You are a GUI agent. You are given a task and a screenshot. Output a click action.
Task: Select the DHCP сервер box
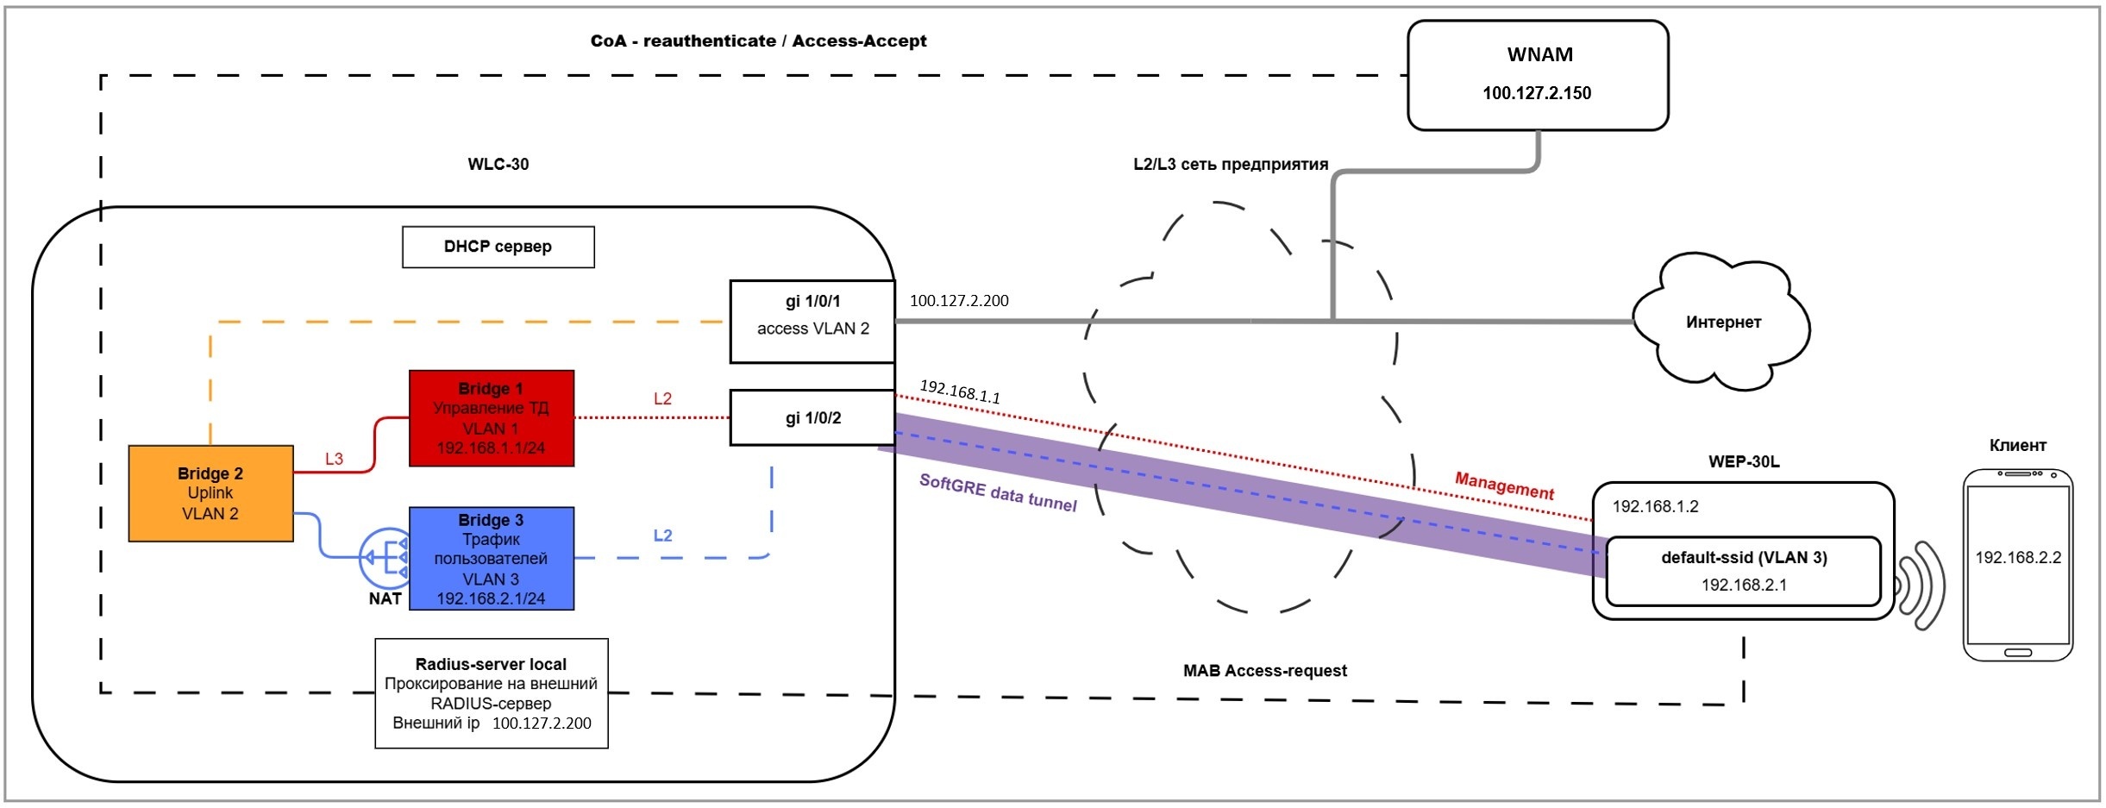(x=498, y=247)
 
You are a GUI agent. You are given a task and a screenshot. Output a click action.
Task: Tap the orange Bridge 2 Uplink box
(x=210, y=493)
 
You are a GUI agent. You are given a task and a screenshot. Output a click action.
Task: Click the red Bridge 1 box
(x=491, y=418)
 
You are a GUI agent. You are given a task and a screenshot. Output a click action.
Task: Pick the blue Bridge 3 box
(x=491, y=558)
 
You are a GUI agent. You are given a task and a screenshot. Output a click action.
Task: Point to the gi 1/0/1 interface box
(x=812, y=321)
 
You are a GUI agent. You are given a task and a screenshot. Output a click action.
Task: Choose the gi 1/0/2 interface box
(x=812, y=418)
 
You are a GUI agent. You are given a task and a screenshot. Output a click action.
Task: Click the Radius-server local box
(x=491, y=693)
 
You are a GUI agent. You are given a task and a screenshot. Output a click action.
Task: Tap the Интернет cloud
(x=1722, y=322)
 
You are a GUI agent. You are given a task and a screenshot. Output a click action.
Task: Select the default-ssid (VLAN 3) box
(x=1743, y=571)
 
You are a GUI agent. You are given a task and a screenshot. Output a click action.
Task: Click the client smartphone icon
(x=2017, y=565)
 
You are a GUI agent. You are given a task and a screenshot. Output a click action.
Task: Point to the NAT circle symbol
(x=385, y=558)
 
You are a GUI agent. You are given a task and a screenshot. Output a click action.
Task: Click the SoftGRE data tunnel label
(x=998, y=492)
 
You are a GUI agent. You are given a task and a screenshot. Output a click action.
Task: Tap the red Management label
(x=1504, y=485)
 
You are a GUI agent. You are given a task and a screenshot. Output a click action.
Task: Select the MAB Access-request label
(x=1264, y=671)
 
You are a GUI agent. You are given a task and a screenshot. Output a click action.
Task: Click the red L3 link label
(x=334, y=460)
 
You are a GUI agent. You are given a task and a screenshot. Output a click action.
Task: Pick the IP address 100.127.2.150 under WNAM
(x=1537, y=93)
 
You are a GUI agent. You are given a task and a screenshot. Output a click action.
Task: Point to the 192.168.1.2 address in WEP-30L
(x=1655, y=507)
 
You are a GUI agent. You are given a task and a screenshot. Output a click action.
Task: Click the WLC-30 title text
(x=498, y=165)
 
